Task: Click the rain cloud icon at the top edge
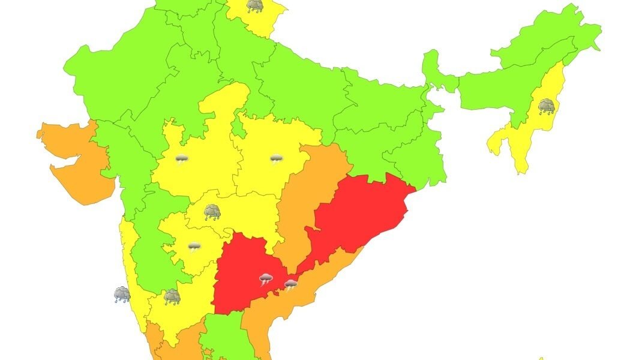[x=254, y=6]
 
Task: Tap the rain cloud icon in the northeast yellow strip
[x=546, y=107]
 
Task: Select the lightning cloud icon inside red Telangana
[x=266, y=279]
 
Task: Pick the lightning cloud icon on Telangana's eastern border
[x=290, y=284]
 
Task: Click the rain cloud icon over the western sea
[x=122, y=294]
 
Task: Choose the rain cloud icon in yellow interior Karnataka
[x=172, y=296]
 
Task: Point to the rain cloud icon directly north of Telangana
[x=211, y=212]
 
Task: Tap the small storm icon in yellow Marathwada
[x=194, y=247]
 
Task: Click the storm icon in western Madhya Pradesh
[x=181, y=160]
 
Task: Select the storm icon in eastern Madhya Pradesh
[x=275, y=159]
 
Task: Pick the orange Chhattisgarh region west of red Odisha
[x=312, y=192]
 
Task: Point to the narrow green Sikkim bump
[x=430, y=60]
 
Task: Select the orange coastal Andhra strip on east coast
[x=282, y=312]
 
